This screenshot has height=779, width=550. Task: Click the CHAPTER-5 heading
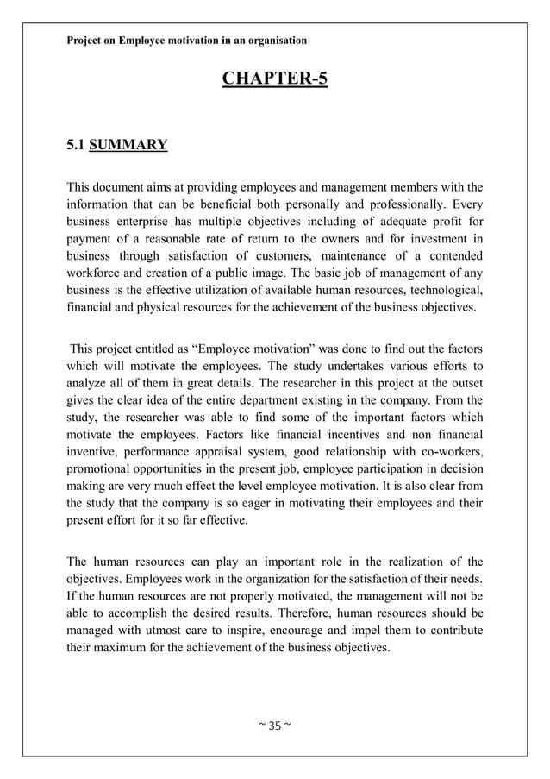click(x=275, y=81)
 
